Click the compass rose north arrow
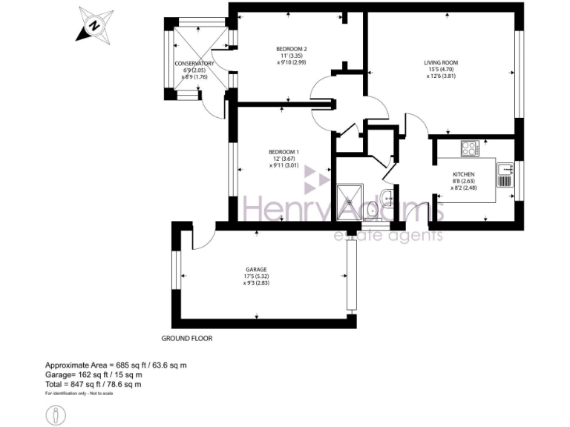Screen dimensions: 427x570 pos(94,24)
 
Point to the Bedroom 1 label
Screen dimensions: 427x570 pos(281,153)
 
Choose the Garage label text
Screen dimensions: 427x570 pos(256,269)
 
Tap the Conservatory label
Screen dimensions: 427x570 pos(194,64)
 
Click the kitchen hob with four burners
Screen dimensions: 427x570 pos(469,148)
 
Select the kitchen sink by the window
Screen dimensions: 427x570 pos(505,175)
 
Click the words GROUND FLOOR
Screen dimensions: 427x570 pos(187,338)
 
